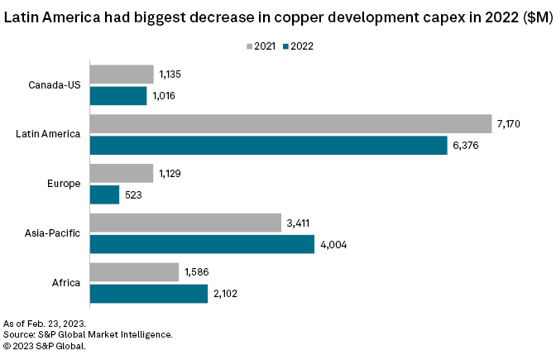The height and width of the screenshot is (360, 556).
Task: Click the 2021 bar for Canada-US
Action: (x=121, y=74)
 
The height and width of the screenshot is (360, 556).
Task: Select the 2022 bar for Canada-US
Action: (x=117, y=96)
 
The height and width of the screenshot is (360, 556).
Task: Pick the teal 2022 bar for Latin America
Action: (x=268, y=146)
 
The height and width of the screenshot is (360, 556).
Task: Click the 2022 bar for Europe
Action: (x=103, y=194)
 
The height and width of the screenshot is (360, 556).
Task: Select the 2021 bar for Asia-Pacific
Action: (x=185, y=223)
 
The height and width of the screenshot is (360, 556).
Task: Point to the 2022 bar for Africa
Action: (x=148, y=294)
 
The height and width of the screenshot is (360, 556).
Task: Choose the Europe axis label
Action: (x=65, y=184)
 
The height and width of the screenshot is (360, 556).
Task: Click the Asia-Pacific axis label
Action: (x=53, y=233)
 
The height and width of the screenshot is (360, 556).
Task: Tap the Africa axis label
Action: (x=67, y=283)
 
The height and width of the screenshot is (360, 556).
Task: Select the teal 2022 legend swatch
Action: (x=285, y=46)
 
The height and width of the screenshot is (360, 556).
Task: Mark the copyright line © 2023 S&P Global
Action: (x=45, y=346)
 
